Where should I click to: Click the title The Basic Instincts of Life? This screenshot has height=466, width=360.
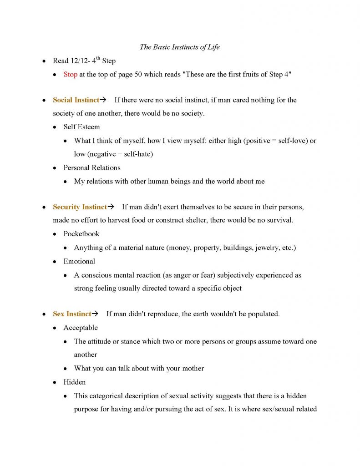(x=180, y=47)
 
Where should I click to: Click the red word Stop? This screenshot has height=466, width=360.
(x=70, y=75)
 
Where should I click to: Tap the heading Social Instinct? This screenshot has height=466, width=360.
(x=76, y=100)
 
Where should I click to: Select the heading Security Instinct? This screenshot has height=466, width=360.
(x=80, y=207)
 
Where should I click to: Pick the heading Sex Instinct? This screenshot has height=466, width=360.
(x=72, y=314)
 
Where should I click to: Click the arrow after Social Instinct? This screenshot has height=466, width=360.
(x=103, y=100)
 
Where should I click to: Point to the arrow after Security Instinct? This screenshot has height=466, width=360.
(x=111, y=207)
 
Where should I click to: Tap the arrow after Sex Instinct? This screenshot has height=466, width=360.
(x=95, y=314)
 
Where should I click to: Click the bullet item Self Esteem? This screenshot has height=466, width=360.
(x=81, y=127)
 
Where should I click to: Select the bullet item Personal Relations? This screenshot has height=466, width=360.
(x=92, y=168)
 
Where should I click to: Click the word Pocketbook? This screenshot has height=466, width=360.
(x=81, y=234)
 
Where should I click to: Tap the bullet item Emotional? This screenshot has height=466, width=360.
(x=79, y=261)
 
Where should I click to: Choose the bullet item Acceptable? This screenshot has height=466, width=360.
(x=81, y=328)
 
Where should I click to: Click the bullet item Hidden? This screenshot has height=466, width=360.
(x=75, y=382)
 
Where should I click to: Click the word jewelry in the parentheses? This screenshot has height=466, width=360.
(x=268, y=248)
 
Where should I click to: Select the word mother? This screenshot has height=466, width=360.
(x=192, y=369)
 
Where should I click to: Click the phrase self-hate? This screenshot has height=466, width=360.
(x=137, y=154)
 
